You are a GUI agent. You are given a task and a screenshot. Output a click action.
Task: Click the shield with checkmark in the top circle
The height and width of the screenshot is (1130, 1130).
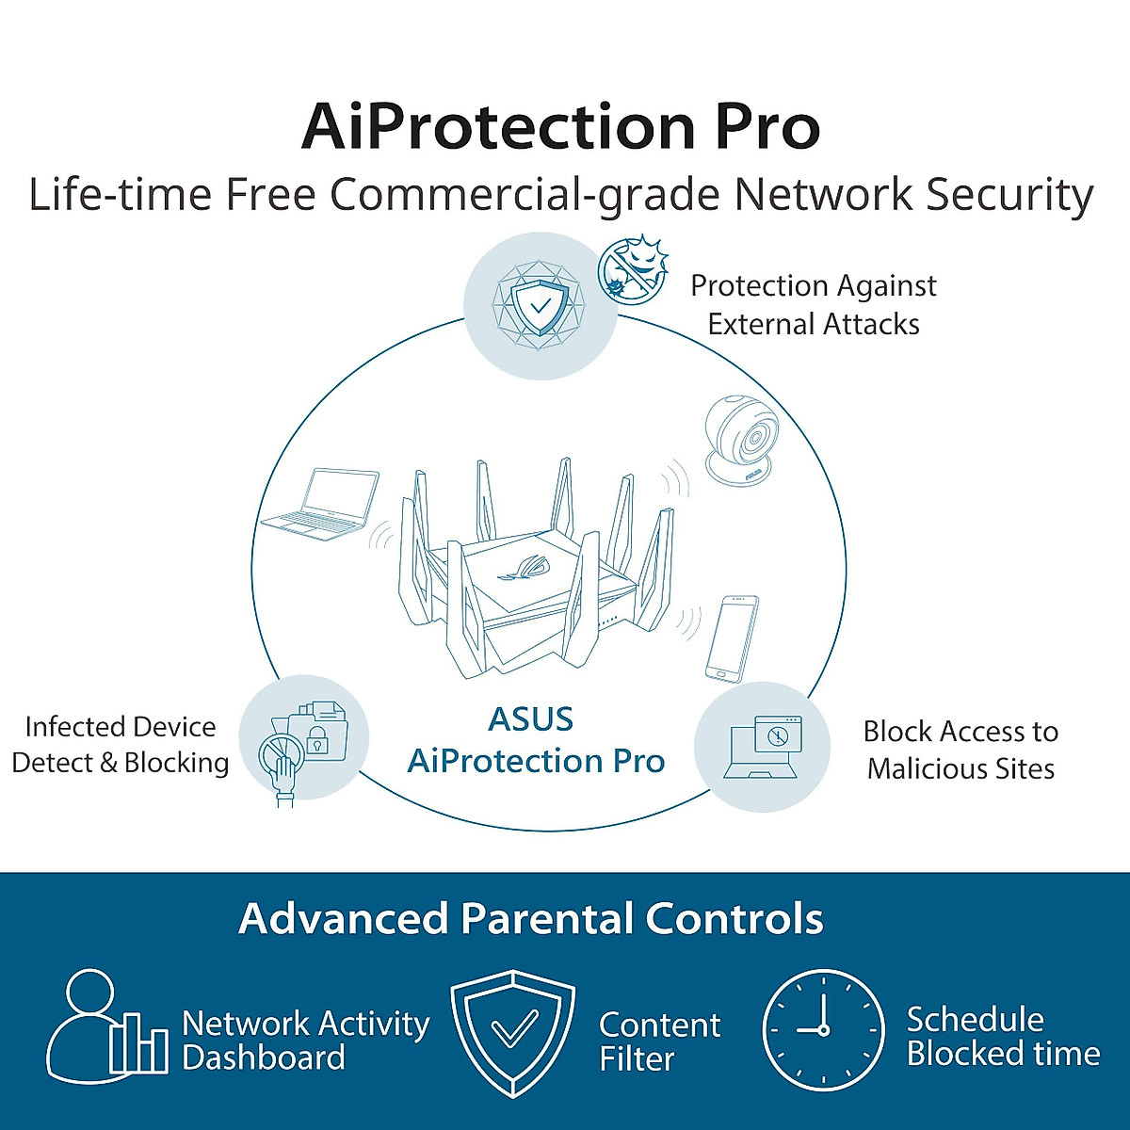pos(540,304)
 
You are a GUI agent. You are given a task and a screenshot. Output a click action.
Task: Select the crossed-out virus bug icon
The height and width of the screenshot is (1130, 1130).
pos(633,268)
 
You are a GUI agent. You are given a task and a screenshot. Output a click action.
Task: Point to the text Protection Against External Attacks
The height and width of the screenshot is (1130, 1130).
pos(814,304)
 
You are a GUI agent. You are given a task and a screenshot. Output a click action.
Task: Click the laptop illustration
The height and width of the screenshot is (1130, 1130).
pos(320,504)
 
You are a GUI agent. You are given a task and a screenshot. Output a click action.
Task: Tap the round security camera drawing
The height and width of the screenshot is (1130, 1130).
pos(743,441)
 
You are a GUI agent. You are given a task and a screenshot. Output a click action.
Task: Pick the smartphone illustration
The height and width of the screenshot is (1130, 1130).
pos(732,637)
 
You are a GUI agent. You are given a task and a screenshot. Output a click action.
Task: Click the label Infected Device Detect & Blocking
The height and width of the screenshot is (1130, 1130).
pos(121,745)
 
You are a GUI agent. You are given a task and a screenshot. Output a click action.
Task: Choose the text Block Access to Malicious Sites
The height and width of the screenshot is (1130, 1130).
pos(960,750)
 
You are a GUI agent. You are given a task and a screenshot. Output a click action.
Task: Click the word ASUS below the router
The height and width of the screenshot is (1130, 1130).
pos(531,719)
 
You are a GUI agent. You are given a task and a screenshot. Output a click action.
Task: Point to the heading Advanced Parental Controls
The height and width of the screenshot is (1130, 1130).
pos(531,918)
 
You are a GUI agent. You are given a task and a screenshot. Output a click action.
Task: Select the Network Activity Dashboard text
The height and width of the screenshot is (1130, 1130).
pos(304,1040)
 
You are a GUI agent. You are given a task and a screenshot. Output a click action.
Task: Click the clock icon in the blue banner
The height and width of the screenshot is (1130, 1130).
pos(823,1030)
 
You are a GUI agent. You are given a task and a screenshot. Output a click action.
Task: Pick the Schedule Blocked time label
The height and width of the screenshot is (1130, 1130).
pos(1003,1036)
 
